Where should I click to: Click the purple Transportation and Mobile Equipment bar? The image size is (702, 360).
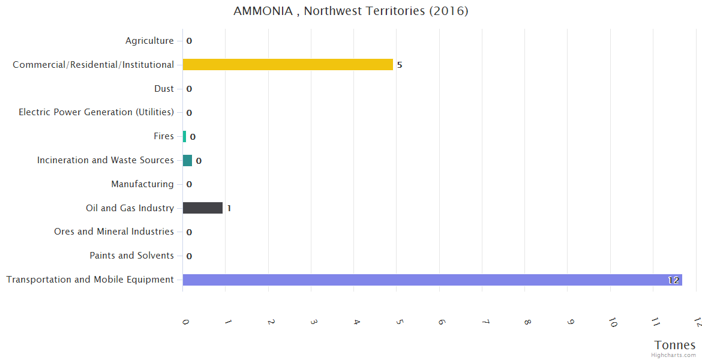[432, 280]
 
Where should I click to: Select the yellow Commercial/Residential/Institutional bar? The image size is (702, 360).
[287, 64]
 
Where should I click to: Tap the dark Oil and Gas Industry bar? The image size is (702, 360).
[202, 208]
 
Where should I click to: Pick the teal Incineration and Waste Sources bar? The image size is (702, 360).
[187, 160]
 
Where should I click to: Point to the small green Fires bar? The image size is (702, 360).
[184, 136]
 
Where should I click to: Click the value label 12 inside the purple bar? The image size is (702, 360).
[673, 280]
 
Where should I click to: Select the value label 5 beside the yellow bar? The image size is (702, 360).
[400, 65]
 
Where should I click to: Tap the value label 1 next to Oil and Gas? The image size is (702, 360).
[229, 208]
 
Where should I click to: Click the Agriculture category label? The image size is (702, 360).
[149, 41]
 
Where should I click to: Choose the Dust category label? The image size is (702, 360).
[164, 89]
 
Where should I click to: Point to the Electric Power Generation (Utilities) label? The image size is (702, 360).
[96, 112]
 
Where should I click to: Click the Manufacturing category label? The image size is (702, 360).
[142, 184]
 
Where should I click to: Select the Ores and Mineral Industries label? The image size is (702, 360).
[114, 232]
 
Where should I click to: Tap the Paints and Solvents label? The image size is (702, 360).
[131, 256]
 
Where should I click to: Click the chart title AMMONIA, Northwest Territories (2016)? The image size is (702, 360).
[351, 11]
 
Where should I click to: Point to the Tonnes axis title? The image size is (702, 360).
[675, 345]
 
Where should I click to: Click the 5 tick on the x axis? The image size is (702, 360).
[400, 322]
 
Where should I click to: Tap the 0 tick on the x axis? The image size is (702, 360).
[185, 322]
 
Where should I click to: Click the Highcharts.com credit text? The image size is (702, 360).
[674, 355]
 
